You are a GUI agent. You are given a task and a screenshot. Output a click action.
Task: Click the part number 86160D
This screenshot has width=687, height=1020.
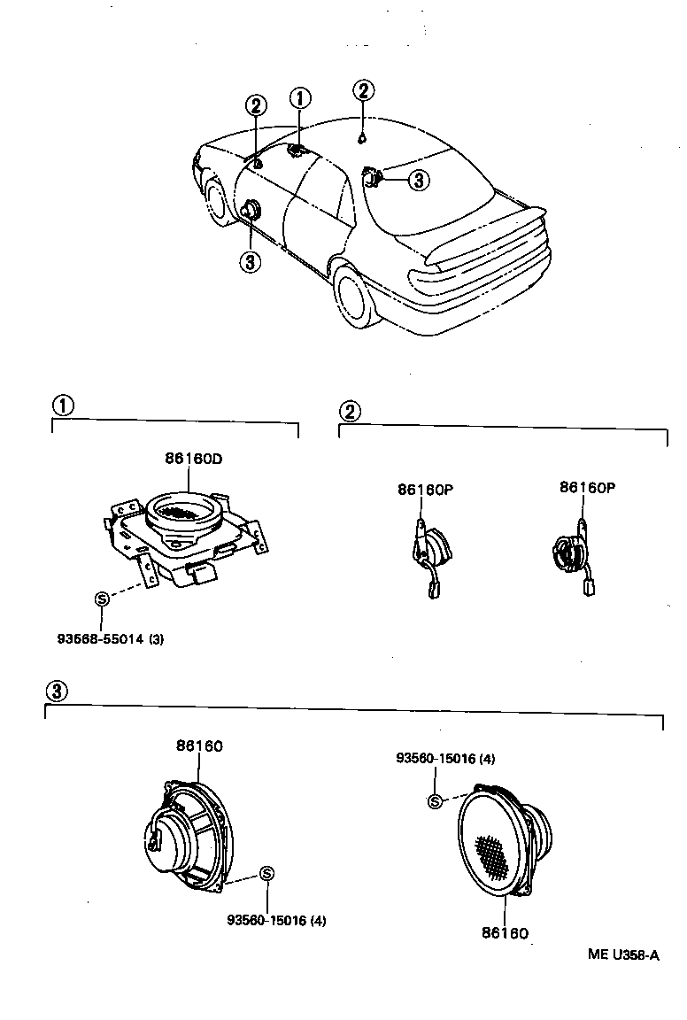(x=192, y=459)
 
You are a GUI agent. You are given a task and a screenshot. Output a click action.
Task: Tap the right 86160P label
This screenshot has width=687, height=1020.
(x=587, y=487)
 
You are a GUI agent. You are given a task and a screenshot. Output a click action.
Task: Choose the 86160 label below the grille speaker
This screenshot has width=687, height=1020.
(x=506, y=932)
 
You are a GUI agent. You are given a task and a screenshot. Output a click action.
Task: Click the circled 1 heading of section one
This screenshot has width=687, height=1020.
(x=62, y=406)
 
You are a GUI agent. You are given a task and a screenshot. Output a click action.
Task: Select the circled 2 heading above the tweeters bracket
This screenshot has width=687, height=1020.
(x=350, y=410)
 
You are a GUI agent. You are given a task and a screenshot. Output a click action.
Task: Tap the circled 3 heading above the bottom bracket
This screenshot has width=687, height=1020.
(x=56, y=691)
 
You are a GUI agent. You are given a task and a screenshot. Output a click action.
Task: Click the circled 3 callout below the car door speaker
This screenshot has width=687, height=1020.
(x=251, y=261)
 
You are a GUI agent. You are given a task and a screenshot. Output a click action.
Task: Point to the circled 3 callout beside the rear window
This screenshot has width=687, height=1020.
(x=418, y=181)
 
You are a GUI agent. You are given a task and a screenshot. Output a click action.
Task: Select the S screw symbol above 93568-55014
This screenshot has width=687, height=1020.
(x=101, y=599)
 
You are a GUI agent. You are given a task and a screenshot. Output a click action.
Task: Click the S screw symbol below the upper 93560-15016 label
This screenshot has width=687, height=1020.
(x=435, y=802)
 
